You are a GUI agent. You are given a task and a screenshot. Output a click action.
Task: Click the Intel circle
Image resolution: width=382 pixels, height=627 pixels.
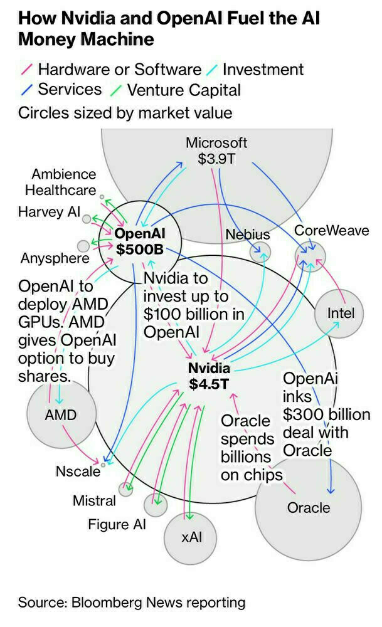(339, 312)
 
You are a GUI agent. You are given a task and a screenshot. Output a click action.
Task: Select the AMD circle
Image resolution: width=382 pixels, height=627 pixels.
(61, 414)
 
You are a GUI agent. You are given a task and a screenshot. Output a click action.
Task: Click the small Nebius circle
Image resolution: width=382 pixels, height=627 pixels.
(260, 253)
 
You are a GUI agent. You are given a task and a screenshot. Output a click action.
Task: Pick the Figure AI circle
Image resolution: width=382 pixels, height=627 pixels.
(156, 504)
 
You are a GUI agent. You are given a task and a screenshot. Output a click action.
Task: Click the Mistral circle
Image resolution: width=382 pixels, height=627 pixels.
(126, 489)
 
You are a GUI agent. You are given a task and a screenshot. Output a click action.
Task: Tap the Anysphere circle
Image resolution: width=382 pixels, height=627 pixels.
(83, 245)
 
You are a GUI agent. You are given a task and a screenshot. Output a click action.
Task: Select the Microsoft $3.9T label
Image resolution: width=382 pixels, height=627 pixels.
(216, 150)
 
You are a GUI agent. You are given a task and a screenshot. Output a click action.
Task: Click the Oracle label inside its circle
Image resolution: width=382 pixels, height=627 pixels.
(308, 507)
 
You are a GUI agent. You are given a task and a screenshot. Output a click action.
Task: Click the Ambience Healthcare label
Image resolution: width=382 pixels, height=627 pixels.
(64, 182)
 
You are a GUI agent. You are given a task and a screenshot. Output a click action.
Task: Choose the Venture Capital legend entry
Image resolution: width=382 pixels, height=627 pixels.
(184, 90)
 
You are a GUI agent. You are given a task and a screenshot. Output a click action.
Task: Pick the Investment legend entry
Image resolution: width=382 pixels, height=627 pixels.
(263, 69)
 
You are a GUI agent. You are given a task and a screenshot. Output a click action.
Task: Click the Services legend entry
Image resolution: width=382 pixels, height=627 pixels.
(70, 89)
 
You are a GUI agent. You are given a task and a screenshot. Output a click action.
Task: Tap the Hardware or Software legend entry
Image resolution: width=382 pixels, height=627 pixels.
(119, 69)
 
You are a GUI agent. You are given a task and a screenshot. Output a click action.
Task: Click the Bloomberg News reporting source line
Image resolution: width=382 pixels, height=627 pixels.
(132, 603)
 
